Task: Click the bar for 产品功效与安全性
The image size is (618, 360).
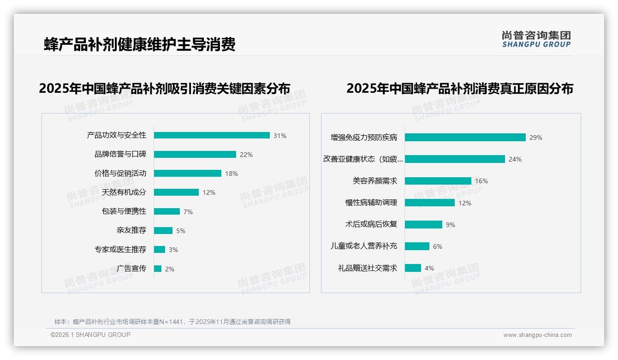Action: [212, 135]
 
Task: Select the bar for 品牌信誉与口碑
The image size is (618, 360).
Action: [195, 154]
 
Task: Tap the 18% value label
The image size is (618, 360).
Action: [232, 174]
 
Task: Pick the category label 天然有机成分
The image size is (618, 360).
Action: [124, 192]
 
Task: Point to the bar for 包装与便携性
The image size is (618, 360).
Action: [167, 211]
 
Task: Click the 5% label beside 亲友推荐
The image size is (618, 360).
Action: [181, 231]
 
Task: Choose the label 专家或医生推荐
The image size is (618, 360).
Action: [120, 249]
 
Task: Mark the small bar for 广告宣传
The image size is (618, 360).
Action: [158, 269]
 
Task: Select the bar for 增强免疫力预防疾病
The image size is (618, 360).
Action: [465, 137]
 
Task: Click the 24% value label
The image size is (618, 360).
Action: [515, 159]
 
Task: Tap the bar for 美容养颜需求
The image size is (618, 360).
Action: [438, 181]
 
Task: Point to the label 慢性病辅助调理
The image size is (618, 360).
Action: [371, 202]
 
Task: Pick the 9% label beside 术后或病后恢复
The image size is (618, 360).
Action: [450, 225]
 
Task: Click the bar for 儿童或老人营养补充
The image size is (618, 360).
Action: [417, 246]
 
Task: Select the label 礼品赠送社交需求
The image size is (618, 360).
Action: [367, 268]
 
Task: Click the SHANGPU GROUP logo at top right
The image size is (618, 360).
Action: [536, 39]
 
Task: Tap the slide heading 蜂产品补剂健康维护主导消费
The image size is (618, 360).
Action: [139, 44]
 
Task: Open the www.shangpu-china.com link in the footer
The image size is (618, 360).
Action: [537, 335]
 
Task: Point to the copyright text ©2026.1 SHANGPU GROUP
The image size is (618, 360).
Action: [90, 335]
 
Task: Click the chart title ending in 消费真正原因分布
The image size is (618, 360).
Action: [459, 88]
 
